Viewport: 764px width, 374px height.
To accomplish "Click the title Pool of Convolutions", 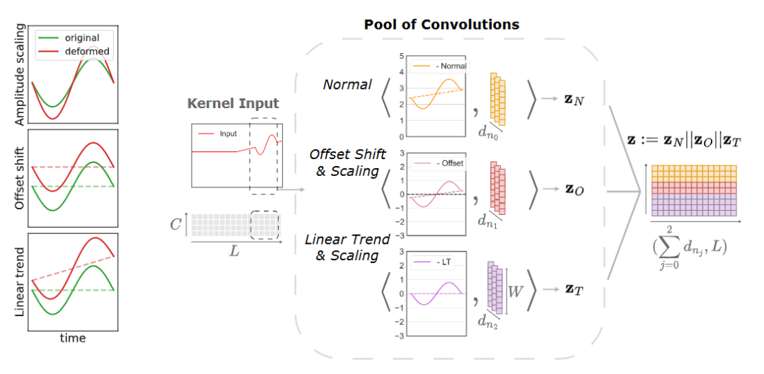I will pyautogui.click(x=441, y=25).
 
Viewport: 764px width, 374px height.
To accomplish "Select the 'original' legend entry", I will pyautogui.click(x=77, y=37).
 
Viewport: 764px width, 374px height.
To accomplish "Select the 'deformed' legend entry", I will pyautogui.click(x=79, y=51).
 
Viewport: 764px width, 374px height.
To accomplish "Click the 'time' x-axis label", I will pyautogui.click(x=73, y=338).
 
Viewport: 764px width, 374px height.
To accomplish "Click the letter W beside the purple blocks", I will pyautogui.click(x=516, y=290).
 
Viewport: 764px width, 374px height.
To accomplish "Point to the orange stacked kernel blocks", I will pyautogui.click(x=499, y=97).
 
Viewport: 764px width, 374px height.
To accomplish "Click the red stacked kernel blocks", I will pyautogui.click(x=499, y=187).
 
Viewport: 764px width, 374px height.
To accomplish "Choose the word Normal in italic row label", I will pyautogui.click(x=347, y=85).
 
